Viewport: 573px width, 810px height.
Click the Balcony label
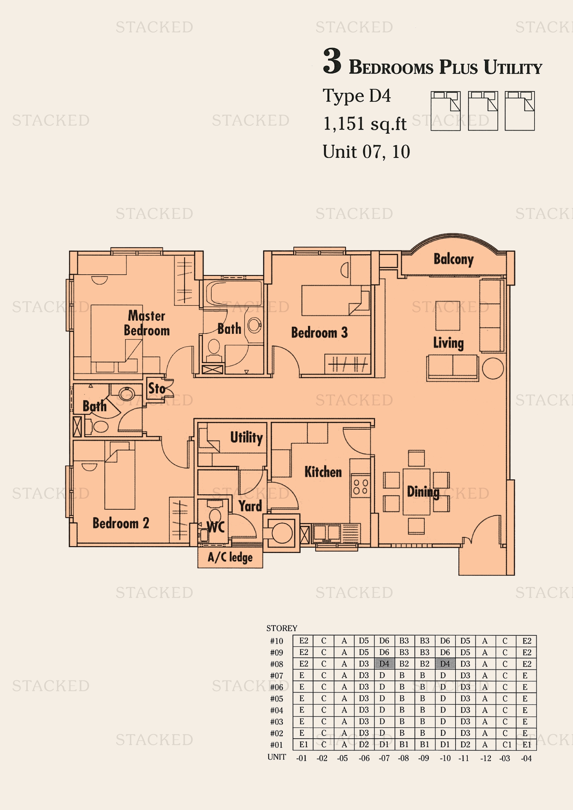[453, 259]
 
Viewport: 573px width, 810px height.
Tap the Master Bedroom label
[147, 323]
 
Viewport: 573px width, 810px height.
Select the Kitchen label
[323, 472]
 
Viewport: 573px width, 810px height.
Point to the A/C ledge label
[230, 558]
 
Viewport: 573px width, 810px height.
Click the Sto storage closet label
[157, 389]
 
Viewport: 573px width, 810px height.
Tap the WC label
[215, 527]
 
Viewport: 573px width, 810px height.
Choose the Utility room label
[246, 437]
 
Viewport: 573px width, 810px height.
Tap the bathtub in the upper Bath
[233, 293]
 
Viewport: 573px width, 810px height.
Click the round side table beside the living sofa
[493, 369]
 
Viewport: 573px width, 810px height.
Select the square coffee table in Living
[447, 316]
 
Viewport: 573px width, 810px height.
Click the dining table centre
[416, 492]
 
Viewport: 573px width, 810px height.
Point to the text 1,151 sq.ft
[364, 124]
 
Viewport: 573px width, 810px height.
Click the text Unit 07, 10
[366, 152]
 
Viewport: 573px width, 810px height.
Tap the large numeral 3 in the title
[332, 61]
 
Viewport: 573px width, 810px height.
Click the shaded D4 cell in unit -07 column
[384, 664]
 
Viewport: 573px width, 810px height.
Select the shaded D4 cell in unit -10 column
[445, 664]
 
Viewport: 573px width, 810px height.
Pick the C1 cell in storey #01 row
[507, 745]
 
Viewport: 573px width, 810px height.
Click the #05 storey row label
[276, 699]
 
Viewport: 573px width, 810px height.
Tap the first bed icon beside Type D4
[445, 111]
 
